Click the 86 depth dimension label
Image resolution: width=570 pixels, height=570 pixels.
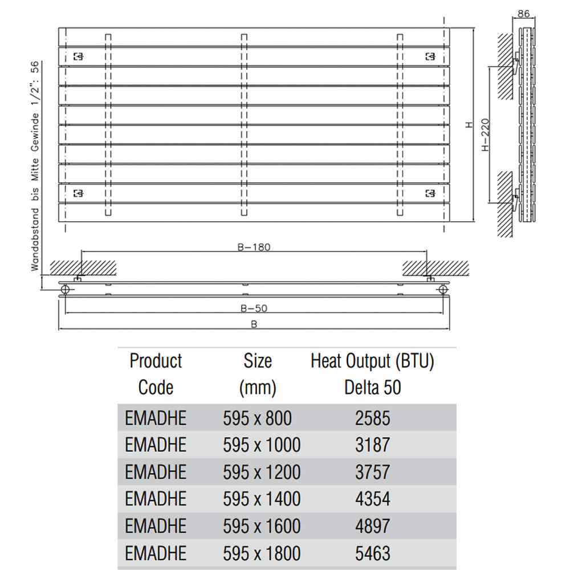[523, 14]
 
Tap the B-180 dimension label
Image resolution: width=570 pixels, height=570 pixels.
[254, 247]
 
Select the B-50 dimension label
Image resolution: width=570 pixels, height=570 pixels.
[254, 308]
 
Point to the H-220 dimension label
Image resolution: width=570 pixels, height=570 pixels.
[485, 135]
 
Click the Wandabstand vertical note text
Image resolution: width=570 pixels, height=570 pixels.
[35, 166]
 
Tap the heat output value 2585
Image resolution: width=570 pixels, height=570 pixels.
[373, 418]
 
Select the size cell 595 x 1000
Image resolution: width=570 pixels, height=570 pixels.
[262, 445]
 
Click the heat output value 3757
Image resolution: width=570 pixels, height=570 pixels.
[373, 472]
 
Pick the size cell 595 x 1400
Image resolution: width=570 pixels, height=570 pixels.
[262, 499]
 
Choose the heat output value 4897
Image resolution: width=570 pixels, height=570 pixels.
[373, 526]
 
